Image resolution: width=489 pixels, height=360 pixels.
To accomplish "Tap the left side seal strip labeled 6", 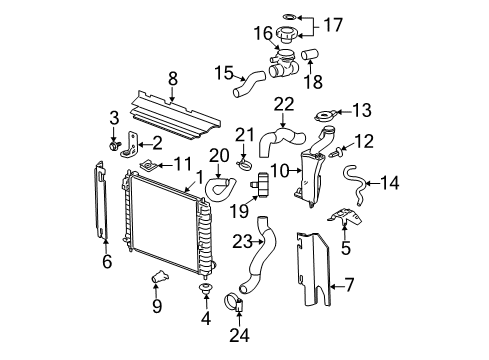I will pyautogui.click(x=106, y=205).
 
